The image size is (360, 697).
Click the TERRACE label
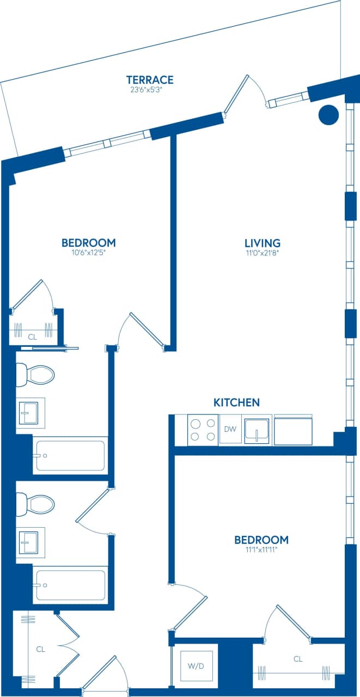pyautogui.click(x=150, y=80)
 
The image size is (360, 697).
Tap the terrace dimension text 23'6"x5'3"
pyautogui.click(x=147, y=90)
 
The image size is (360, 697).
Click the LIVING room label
pyautogui.click(x=262, y=243)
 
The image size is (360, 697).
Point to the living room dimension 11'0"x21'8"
pyautogui.click(x=262, y=253)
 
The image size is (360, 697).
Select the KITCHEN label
pyautogui.click(x=236, y=402)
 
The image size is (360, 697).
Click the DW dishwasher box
pyautogui.click(x=230, y=429)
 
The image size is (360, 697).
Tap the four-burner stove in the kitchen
pyautogui.click(x=203, y=429)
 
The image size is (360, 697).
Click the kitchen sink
pyautogui.click(x=257, y=431)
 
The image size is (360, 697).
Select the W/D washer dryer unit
pyautogui.click(x=195, y=665)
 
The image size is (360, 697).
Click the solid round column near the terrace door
pyautogui.click(x=328, y=114)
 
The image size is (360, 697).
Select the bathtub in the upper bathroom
pyautogui.click(x=70, y=456)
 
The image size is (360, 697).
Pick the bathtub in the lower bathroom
pyautogui.click(x=70, y=585)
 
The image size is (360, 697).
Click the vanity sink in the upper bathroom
pyautogui.click(x=29, y=413)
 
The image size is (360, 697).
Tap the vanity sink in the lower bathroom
pyautogui.click(x=29, y=543)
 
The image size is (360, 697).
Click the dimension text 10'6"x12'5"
pyautogui.click(x=88, y=253)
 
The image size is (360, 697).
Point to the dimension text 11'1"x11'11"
pyautogui.click(x=261, y=550)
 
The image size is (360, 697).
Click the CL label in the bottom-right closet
pyautogui.click(x=298, y=659)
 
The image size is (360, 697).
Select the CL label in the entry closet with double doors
pyautogui.click(x=40, y=649)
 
